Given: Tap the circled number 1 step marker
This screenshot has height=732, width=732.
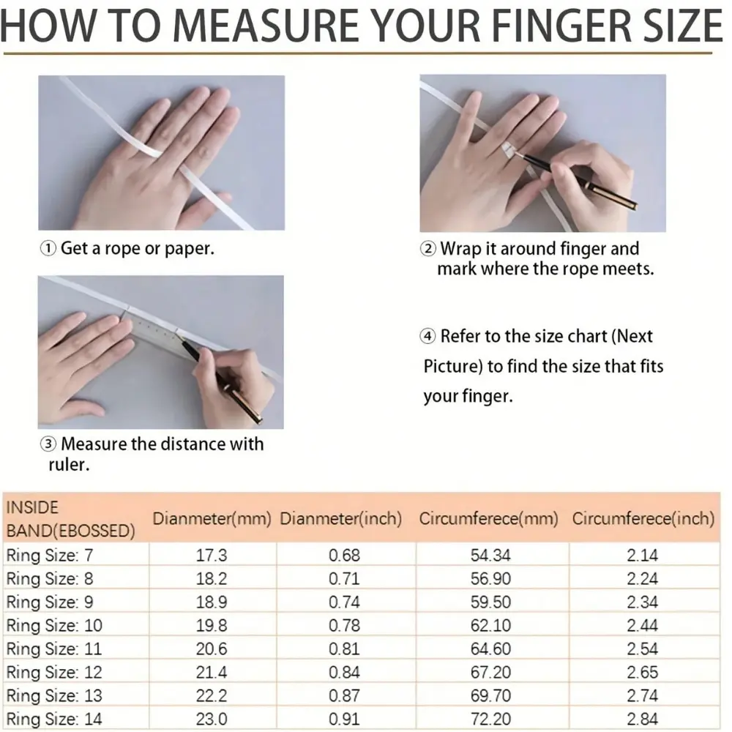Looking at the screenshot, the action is click(x=48, y=248).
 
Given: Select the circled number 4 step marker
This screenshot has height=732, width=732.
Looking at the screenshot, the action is click(x=427, y=336).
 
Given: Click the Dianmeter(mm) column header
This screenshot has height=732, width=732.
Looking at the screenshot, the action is click(x=212, y=519).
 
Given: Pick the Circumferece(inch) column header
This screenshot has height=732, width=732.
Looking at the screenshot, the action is click(x=643, y=519).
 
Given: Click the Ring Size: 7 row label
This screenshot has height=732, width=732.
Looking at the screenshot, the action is click(x=50, y=556).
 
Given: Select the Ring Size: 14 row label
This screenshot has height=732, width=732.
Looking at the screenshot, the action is click(x=53, y=719).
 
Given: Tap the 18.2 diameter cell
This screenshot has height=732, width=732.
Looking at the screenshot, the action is click(x=212, y=579).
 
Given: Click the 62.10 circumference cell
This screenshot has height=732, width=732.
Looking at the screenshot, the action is click(x=490, y=626).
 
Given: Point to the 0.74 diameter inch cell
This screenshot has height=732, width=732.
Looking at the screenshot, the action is click(x=344, y=602).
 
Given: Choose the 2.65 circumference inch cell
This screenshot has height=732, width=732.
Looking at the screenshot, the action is click(x=643, y=672).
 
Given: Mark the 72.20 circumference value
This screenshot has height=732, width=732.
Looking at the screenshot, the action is click(x=490, y=719).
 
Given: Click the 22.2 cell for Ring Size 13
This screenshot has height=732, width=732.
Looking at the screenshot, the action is click(x=212, y=695).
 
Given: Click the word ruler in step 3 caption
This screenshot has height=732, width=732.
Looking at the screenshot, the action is click(x=68, y=465).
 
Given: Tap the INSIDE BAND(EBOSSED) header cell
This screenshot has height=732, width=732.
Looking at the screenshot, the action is click(x=70, y=519).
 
